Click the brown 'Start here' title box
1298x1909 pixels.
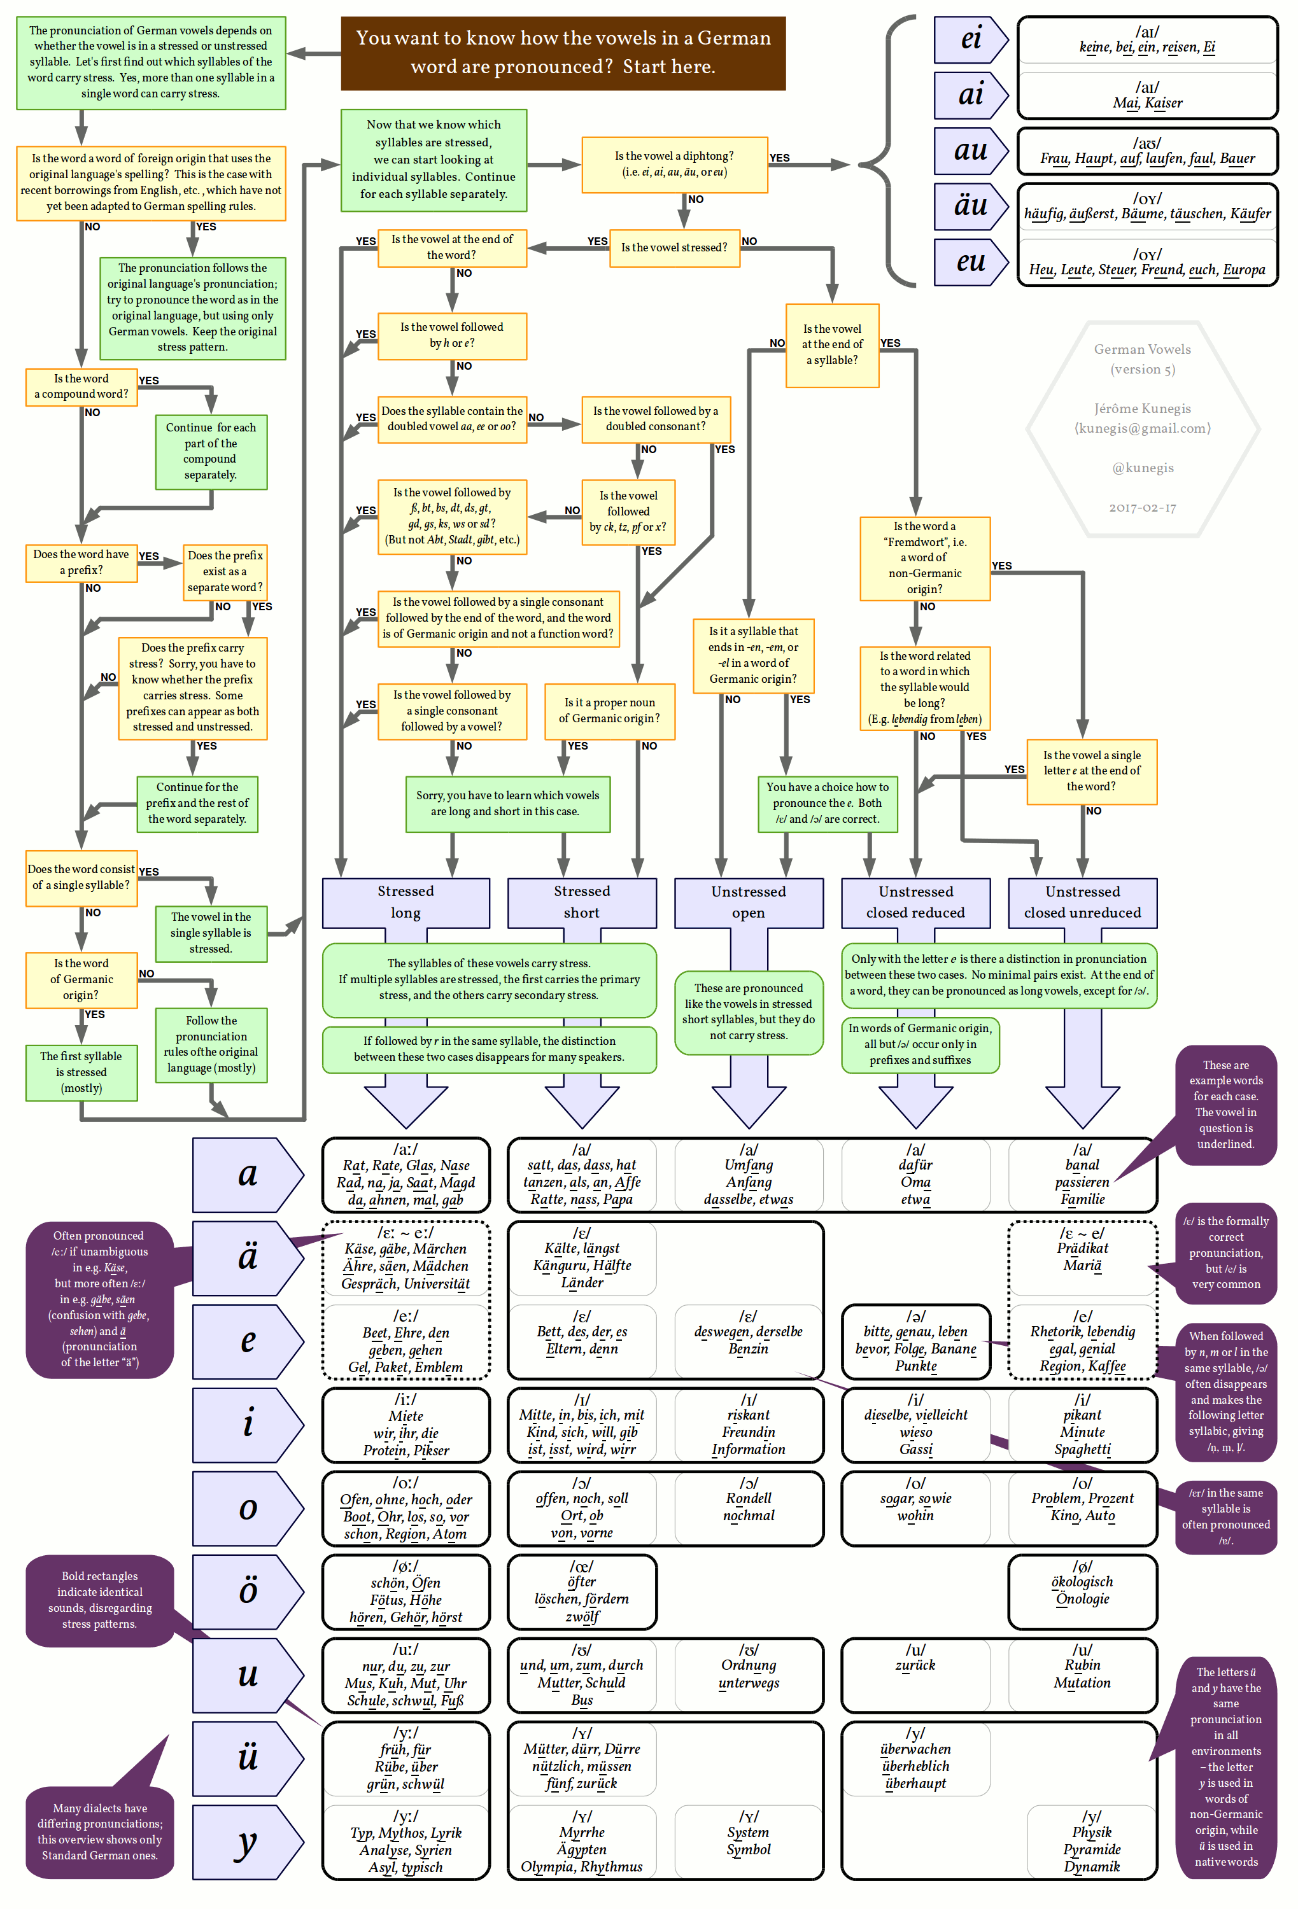click(x=563, y=53)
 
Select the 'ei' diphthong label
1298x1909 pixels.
click(x=970, y=39)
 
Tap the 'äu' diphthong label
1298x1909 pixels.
click(x=970, y=206)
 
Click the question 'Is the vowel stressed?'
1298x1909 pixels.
click(x=674, y=248)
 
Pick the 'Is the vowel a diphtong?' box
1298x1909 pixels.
click(x=674, y=164)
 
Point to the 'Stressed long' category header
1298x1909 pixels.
click(x=406, y=902)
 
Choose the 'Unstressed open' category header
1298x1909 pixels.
click(x=749, y=902)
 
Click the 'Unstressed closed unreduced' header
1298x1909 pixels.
click(x=1082, y=902)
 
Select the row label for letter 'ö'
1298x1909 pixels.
click(x=247, y=1590)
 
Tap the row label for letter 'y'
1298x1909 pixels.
click(x=247, y=1841)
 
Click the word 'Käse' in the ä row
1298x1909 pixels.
click(x=361, y=1248)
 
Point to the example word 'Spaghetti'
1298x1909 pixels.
click(x=1082, y=1449)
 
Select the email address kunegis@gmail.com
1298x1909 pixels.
click(x=1143, y=428)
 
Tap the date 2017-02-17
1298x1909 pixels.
click(x=1142, y=508)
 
